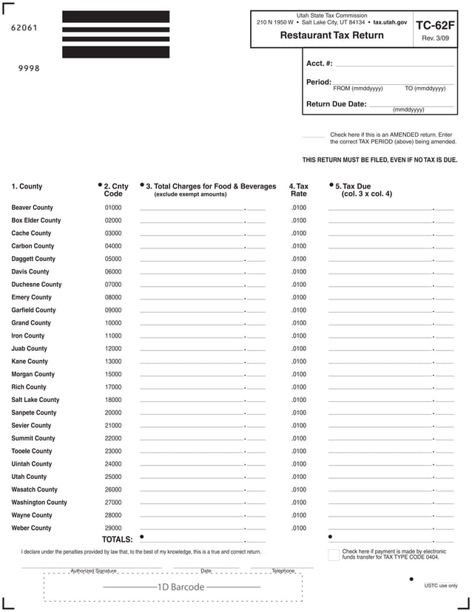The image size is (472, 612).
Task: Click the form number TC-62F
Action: pyautogui.click(x=435, y=25)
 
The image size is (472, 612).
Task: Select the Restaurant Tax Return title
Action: pyautogui.click(x=331, y=35)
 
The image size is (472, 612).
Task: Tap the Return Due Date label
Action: pyautogui.click(x=336, y=104)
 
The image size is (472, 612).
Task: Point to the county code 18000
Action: pyautogui.click(x=113, y=400)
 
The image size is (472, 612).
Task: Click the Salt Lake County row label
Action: pyautogui.click(x=36, y=400)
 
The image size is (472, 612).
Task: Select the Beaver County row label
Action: pyautogui.click(x=32, y=208)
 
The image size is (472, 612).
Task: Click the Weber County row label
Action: pyautogui.click(x=31, y=528)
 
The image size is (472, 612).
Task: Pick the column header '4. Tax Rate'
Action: pyautogui.click(x=298, y=190)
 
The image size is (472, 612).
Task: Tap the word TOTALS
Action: pyautogui.click(x=117, y=540)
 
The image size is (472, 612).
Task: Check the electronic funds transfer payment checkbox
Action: pyautogui.click(x=333, y=554)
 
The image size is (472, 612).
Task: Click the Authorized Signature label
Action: pyautogui.click(x=93, y=571)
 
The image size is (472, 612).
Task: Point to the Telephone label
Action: pyautogui.click(x=283, y=571)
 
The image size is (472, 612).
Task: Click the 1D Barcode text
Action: pyautogui.click(x=181, y=587)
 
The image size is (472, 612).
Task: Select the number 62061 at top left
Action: pyautogui.click(x=25, y=28)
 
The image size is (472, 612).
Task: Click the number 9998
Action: pyautogui.click(x=29, y=69)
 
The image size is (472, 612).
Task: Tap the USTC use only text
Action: pyautogui.click(x=441, y=586)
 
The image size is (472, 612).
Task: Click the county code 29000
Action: pyautogui.click(x=113, y=528)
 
